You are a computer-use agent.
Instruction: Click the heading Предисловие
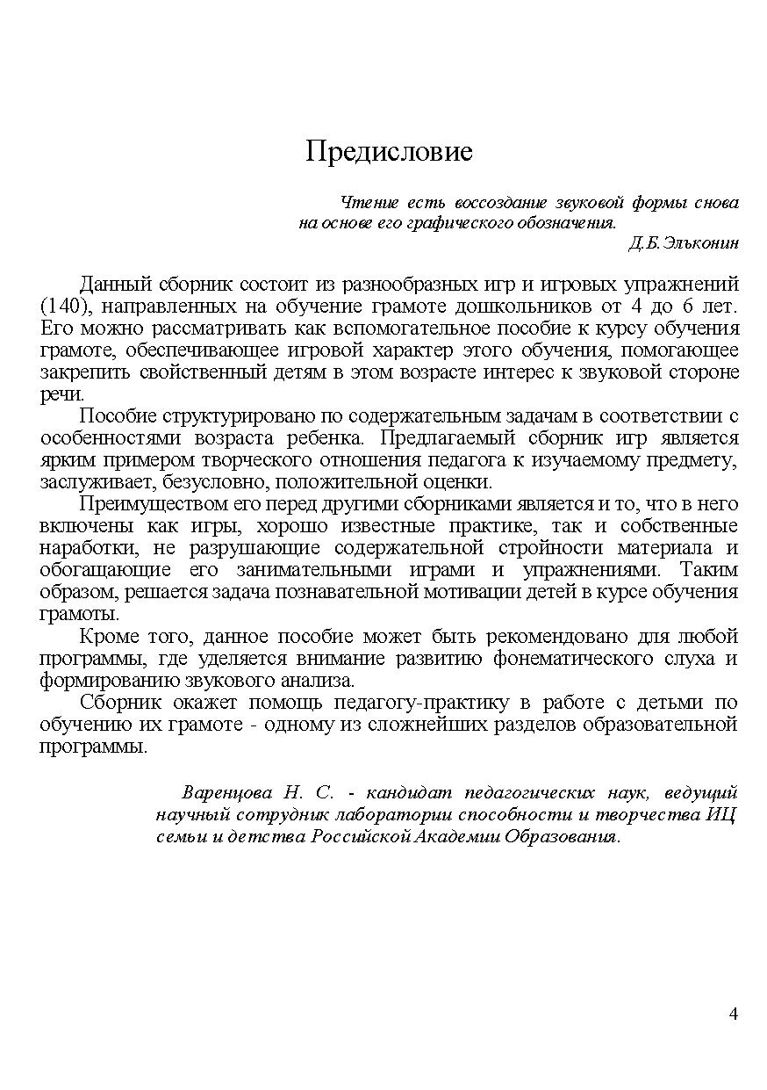pos(389,152)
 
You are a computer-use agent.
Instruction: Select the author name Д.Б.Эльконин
pos(684,243)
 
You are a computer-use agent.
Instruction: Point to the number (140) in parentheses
pos(60,307)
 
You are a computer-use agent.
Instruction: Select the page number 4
pos(733,1014)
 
